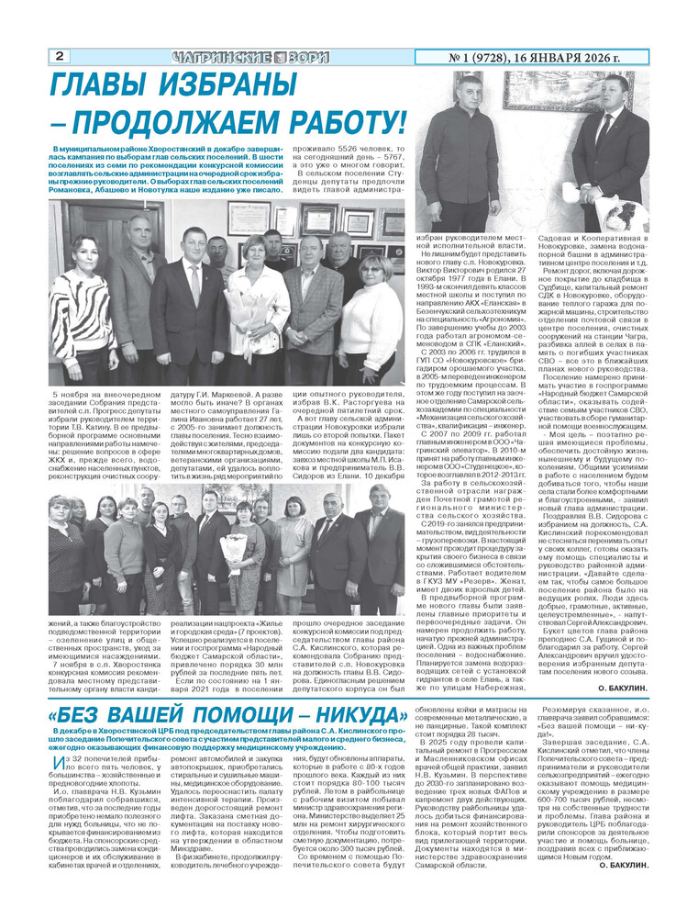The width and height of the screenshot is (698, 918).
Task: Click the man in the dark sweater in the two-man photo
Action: (456, 156)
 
